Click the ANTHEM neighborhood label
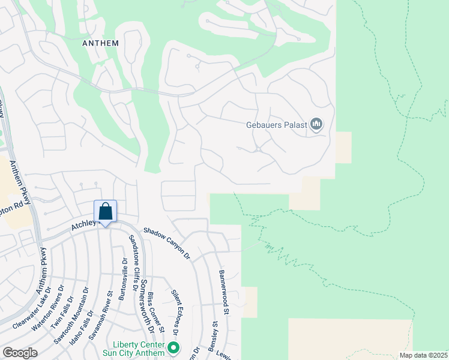coord(101,43)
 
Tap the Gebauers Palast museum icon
coord(316,125)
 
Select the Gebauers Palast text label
coord(276,125)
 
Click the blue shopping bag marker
coord(106,212)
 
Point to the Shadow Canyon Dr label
coord(166,244)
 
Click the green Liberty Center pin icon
coord(173,347)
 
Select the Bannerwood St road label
coord(224,292)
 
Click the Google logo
coord(20,353)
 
